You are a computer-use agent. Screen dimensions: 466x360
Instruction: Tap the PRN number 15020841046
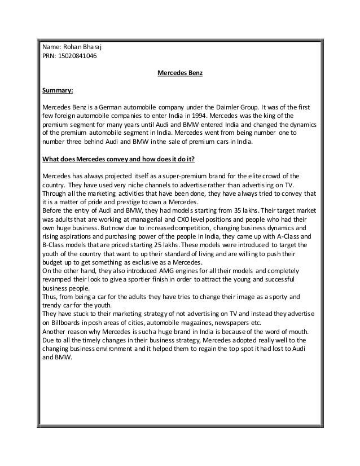[x=73, y=56]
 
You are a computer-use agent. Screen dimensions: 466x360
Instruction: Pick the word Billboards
[x=66, y=323]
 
